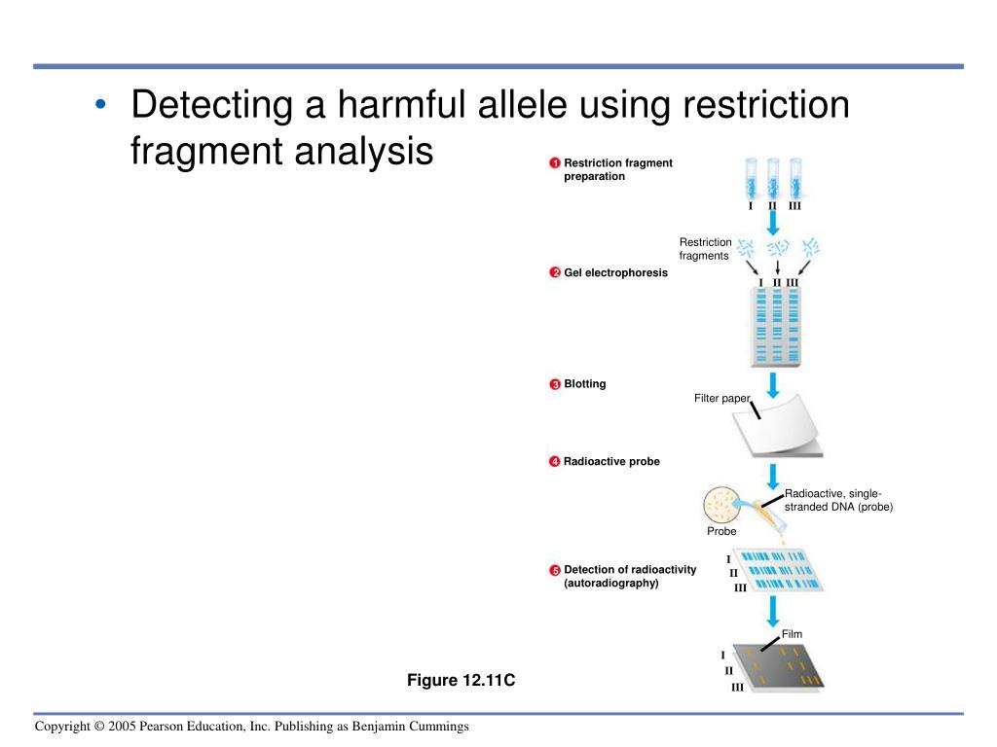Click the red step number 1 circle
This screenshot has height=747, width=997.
pyautogui.click(x=553, y=162)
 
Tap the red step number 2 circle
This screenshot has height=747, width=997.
pyautogui.click(x=553, y=273)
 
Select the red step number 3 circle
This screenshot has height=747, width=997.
pyautogui.click(x=553, y=384)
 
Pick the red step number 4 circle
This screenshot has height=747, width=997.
pyautogui.click(x=553, y=462)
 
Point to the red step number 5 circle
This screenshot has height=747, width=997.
pyautogui.click(x=553, y=570)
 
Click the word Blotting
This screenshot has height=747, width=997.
pyautogui.click(x=584, y=384)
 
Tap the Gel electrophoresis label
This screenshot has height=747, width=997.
pyautogui.click(x=615, y=273)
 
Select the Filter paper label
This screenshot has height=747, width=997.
pyautogui.click(x=721, y=398)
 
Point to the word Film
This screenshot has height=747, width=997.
pyautogui.click(x=792, y=634)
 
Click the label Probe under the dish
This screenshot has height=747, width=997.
pyautogui.click(x=721, y=532)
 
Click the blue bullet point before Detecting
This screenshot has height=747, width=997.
pyautogui.click(x=101, y=107)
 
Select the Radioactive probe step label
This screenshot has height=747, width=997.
pyautogui.click(x=611, y=462)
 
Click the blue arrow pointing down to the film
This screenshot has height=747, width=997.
pyautogui.click(x=773, y=610)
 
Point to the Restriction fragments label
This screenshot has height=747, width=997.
pyautogui.click(x=705, y=249)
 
